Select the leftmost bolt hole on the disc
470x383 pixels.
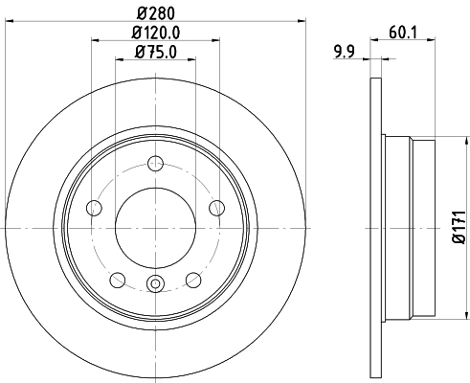[x=94, y=209]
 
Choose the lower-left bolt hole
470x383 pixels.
[x=118, y=280]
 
